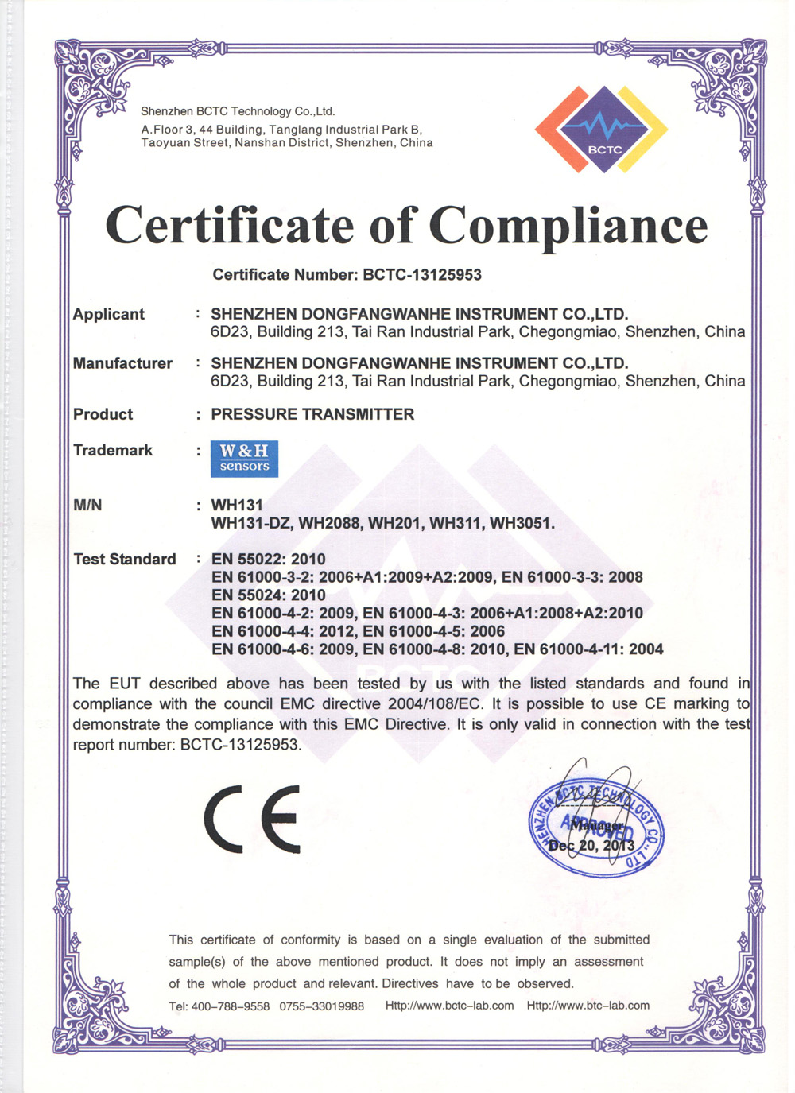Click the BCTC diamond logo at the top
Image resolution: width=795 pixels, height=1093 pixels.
pos(602,130)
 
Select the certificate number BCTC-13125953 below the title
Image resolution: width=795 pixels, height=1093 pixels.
pos(422,275)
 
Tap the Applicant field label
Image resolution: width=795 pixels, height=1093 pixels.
pos(109,314)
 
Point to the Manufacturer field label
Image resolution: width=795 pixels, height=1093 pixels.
pos(122,363)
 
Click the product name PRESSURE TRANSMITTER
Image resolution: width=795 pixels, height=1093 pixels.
pos(312,414)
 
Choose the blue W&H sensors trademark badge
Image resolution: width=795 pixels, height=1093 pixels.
pos(244,459)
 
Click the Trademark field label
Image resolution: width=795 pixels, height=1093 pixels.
pos(113,451)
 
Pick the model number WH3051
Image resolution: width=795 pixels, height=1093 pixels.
pos(522,523)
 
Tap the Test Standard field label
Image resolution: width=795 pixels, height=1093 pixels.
pos(125,559)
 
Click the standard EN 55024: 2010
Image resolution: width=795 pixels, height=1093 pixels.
pos(269,595)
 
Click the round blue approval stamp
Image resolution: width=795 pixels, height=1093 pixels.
pos(596,828)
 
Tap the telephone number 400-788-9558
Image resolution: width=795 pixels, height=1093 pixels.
pos(231,1006)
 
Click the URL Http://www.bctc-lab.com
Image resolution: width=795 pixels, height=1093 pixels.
pos(449,1006)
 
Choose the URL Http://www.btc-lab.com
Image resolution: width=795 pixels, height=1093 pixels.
pos(588,1006)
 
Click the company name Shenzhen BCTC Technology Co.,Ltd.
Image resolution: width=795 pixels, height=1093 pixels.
pos(238,111)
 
